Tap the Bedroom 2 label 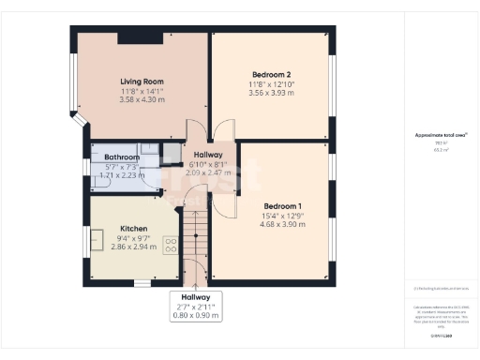[271, 74]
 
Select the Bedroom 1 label [282, 205]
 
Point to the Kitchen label [134, 229]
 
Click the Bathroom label [122, 157]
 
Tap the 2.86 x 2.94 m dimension [134, 247]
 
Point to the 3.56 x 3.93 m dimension [271, 93]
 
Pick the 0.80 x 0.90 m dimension [196, 316]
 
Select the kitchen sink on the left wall [97, 241]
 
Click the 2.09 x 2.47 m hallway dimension [207, 172]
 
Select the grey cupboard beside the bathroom [172, 153]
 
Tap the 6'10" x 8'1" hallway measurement [207, 164]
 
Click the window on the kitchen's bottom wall [142, 283]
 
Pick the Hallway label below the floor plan [196, 297]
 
